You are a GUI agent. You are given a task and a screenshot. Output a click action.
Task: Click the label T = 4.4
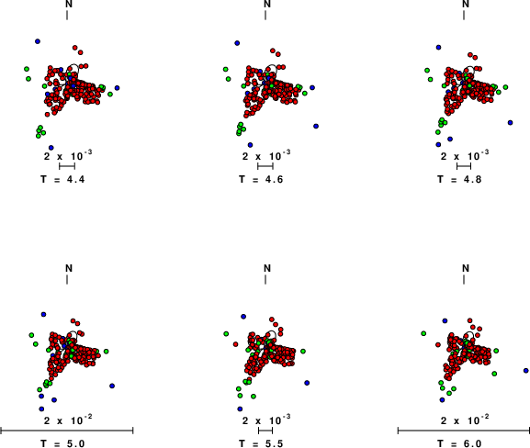point(62,179)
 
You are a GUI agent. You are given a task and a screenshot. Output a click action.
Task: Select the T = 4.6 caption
point(261,179)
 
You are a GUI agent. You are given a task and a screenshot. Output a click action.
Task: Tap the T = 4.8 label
point(459,179)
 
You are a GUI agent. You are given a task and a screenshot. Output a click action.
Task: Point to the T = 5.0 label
point(62,443)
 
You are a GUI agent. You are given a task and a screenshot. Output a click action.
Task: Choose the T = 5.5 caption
point(261,443)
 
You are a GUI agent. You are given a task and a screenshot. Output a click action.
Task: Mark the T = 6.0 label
point(459,443)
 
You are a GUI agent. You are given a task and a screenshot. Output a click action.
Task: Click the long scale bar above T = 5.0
point(67,431)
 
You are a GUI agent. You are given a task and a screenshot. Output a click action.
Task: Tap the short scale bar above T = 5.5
point(265,431)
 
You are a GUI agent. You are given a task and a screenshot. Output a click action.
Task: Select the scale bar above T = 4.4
point(67,166)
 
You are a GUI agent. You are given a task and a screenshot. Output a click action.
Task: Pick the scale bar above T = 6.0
point(464,431)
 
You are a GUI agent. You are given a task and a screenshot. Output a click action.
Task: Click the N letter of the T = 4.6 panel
point(267,4)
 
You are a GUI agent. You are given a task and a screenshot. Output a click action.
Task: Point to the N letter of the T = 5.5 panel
point(267,268)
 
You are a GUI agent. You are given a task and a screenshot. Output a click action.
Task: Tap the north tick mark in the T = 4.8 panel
point(464,16)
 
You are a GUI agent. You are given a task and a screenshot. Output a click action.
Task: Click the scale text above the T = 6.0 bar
point(465,420)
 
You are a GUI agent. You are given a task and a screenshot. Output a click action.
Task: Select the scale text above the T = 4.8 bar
point(465,156)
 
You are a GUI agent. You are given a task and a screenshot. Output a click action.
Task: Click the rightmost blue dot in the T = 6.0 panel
point(526,371)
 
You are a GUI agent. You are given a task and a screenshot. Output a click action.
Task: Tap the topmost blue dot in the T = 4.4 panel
point(38,41)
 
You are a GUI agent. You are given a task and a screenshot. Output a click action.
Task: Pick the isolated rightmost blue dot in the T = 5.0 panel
point(112,386)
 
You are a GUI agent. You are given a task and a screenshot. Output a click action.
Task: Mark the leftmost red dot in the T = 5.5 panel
point(235,344)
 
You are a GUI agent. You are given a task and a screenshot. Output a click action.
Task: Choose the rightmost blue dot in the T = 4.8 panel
point(511,123)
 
